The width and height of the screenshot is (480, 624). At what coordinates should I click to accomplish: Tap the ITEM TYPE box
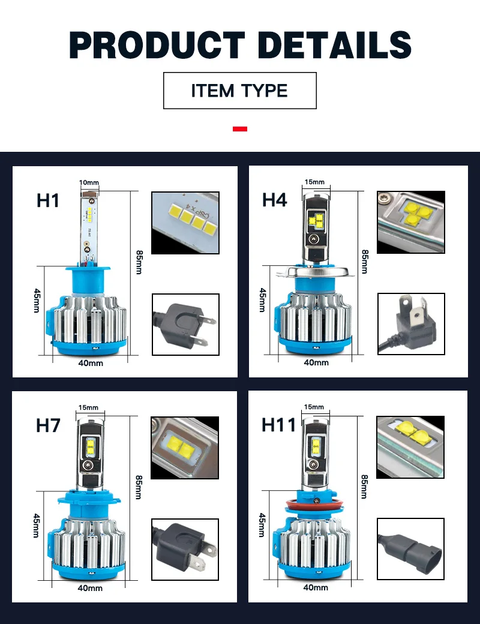coord(239,91)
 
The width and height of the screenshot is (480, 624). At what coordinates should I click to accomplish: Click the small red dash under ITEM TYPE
coord(240,128)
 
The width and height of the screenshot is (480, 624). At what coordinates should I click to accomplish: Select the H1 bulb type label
coord(48,200)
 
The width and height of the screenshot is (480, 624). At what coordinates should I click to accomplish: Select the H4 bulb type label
coord(274,199)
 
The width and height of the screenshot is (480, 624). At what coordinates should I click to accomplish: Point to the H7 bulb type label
coord(48,425)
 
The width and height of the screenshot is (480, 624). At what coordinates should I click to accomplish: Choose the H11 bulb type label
coord(278,425)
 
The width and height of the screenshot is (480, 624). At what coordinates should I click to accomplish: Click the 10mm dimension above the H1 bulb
coord(89,182)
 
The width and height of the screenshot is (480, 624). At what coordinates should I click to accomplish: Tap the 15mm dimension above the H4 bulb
coord(314,182)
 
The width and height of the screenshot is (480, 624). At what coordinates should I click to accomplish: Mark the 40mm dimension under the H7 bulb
coord(90,588)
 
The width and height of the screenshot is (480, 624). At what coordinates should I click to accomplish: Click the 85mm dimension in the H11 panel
coord(364,487)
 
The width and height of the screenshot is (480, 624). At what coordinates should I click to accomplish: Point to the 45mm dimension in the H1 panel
coord(37,301)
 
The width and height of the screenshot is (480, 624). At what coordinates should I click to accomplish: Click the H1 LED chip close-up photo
coord(185,223)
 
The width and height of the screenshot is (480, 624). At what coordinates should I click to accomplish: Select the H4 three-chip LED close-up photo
coord(411,222)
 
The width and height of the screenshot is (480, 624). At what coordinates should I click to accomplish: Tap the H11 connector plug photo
coord(410,549)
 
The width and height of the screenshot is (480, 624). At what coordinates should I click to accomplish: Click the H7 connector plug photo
coord(185,549)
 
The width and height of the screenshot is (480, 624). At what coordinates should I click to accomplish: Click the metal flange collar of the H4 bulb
coord(315,272)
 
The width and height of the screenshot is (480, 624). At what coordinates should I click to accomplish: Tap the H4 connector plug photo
coord(411,324)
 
